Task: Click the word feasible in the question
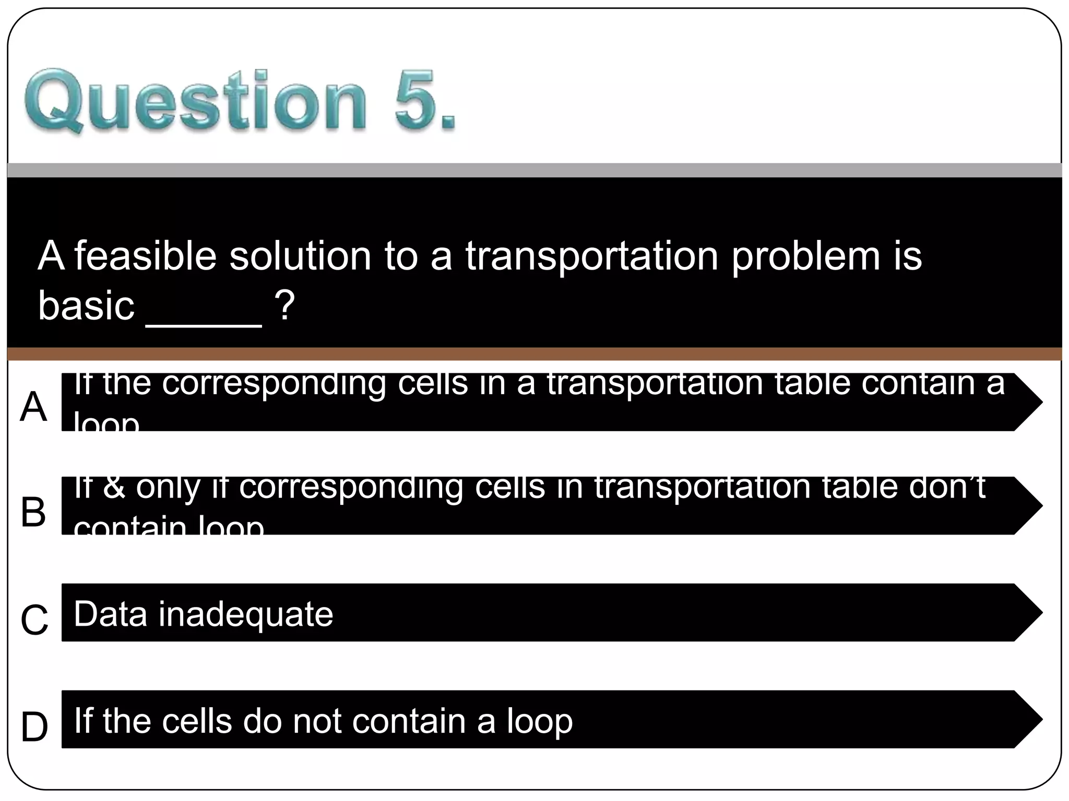point(145,256)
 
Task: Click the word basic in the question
point(86,306)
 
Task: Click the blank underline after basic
point(204,324)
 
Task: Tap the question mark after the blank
point(285,306)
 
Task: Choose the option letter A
point(33,407)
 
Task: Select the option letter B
point(33,512)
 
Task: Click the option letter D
point(34,727)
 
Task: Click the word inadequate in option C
point(245,614)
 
